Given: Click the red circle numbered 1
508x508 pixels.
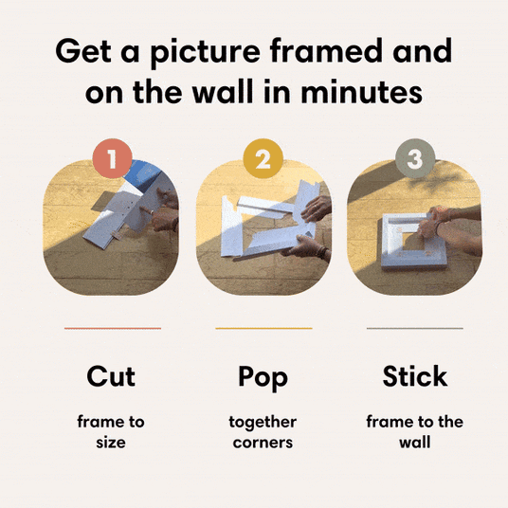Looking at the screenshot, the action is pos(112,158).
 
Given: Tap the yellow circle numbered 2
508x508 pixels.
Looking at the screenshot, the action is pos(263,158).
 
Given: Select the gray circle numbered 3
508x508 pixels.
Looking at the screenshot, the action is pos(415,158).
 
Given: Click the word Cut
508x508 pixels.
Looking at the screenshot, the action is pos(111,376).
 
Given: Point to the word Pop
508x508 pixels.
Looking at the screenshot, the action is pos(263,378).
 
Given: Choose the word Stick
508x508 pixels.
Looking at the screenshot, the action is pos(415,376).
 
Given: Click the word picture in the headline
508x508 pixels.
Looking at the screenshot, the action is pos(206,52).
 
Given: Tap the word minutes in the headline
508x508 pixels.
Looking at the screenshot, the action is pos(361,92).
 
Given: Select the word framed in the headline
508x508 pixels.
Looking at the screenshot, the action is pos(326,50).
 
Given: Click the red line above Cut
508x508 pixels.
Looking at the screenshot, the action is pos(113,328).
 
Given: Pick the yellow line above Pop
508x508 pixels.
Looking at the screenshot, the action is pos(263,328).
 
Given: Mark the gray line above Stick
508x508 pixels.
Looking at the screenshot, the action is pos(415,328).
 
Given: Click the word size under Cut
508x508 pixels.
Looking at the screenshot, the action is pos(111,443).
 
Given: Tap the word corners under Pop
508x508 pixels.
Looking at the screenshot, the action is pos(263,443).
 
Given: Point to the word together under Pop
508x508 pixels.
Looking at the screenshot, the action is pos(263,423).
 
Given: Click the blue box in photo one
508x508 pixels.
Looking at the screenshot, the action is pos(143,175).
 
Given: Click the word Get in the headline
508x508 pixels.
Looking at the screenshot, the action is pos(83,50).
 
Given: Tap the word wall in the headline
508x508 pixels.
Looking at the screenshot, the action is pos(223,91).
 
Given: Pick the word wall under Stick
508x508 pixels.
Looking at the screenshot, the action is pos(415,443).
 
